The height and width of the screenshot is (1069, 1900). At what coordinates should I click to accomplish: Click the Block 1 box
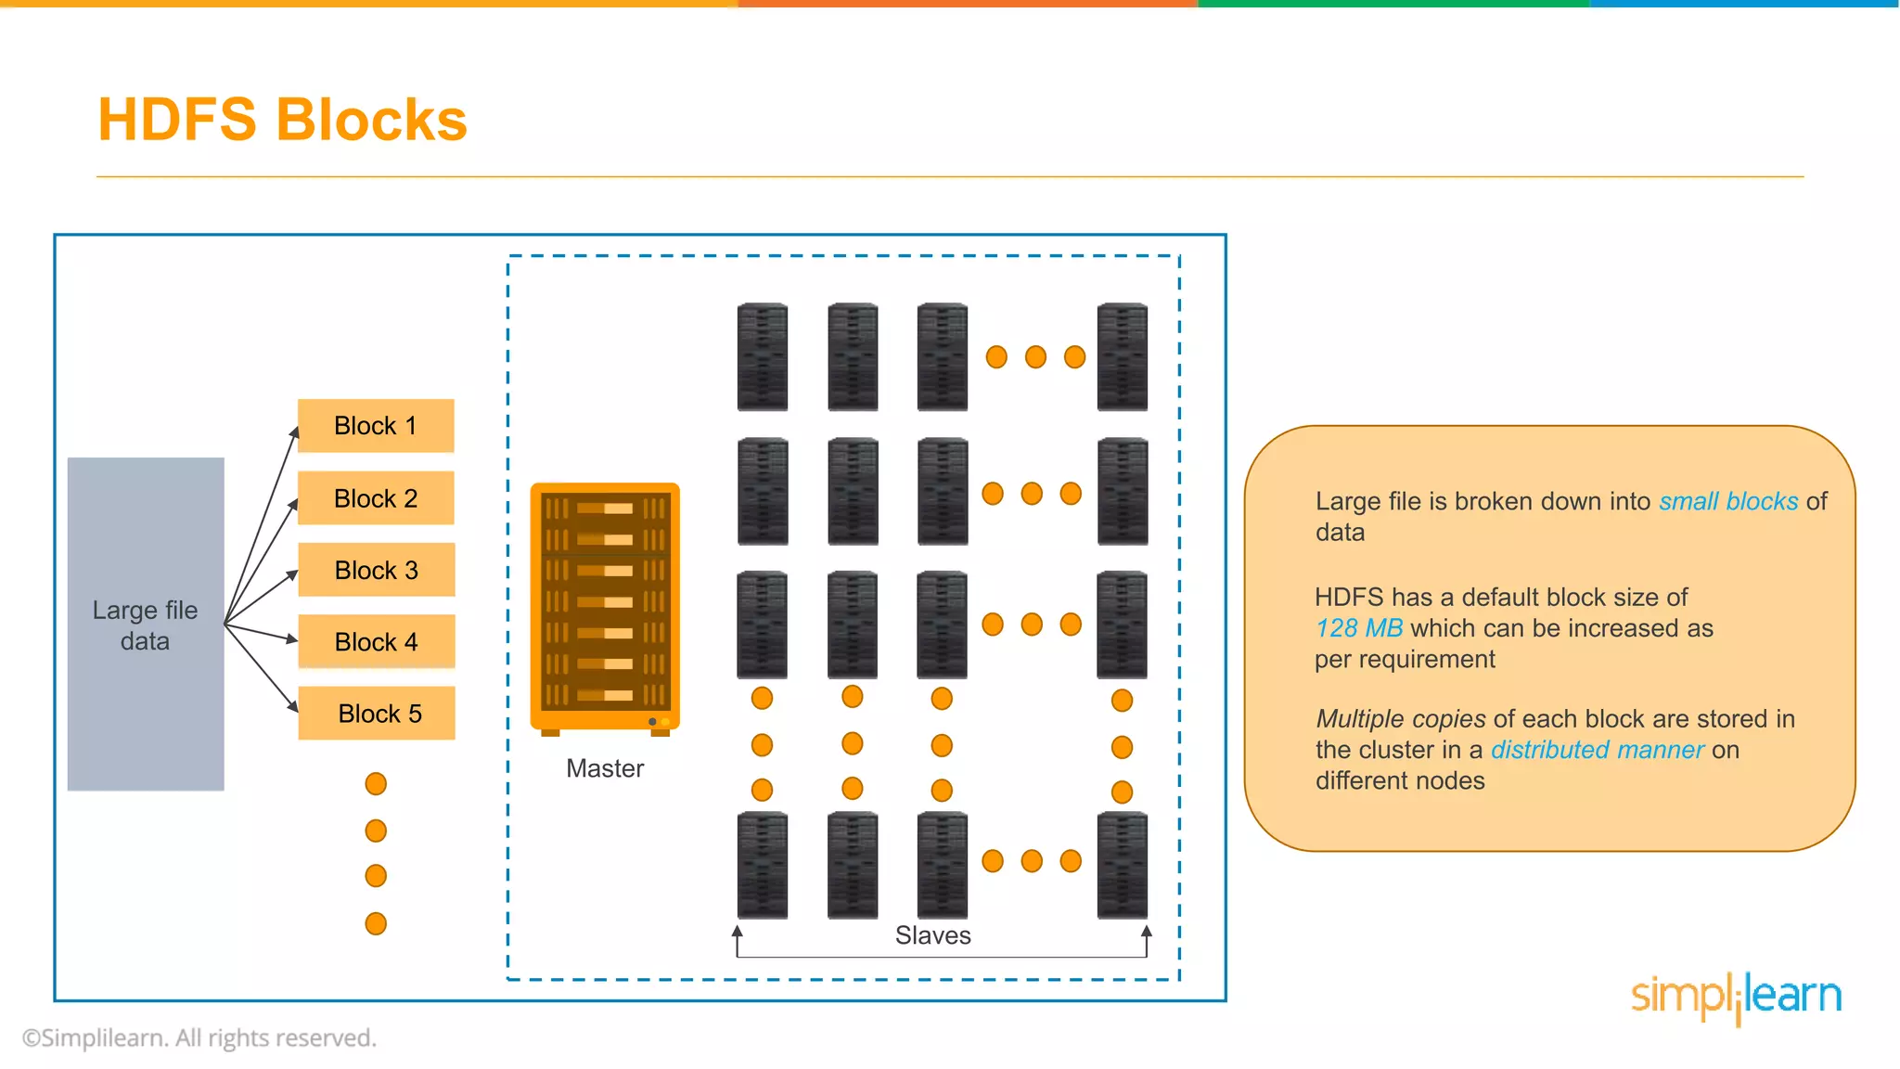click(376, 426)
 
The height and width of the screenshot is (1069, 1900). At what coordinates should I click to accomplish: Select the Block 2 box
click(376, 498)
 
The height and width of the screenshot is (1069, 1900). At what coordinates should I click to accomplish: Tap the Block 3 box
click(376, 570)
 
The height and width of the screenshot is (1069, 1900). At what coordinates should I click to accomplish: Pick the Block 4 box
click(376, 641)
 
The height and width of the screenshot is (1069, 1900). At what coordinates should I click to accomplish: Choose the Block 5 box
click(376, 714)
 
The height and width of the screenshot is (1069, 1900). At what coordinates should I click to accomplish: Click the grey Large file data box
click(146, 624)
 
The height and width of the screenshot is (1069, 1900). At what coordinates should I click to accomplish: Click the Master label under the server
click(605, 768)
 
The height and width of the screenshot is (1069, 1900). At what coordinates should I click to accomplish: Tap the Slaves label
click(932, 935)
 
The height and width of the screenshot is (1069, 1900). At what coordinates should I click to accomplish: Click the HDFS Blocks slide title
click(282, 120)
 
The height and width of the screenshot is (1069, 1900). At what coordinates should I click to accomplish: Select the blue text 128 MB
click(1359, 628)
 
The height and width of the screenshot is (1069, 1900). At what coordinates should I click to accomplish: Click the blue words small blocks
click(1728, 501)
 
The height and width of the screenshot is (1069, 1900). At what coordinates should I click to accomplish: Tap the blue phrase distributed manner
click(1598, 750)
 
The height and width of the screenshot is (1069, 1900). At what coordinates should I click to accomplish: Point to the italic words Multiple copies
click(1401, 719)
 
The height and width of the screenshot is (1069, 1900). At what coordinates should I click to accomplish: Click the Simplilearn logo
click(1736, 998)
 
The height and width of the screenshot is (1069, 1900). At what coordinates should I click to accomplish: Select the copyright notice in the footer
click(199, 1038)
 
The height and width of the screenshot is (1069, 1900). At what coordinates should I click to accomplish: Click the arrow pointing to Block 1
click(262, 524)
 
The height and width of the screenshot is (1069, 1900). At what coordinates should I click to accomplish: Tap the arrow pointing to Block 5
click(262, 668)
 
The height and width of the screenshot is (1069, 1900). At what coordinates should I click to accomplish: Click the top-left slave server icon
click(763, 356)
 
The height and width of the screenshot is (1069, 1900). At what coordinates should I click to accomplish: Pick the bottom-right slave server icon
click(1123, 865)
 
